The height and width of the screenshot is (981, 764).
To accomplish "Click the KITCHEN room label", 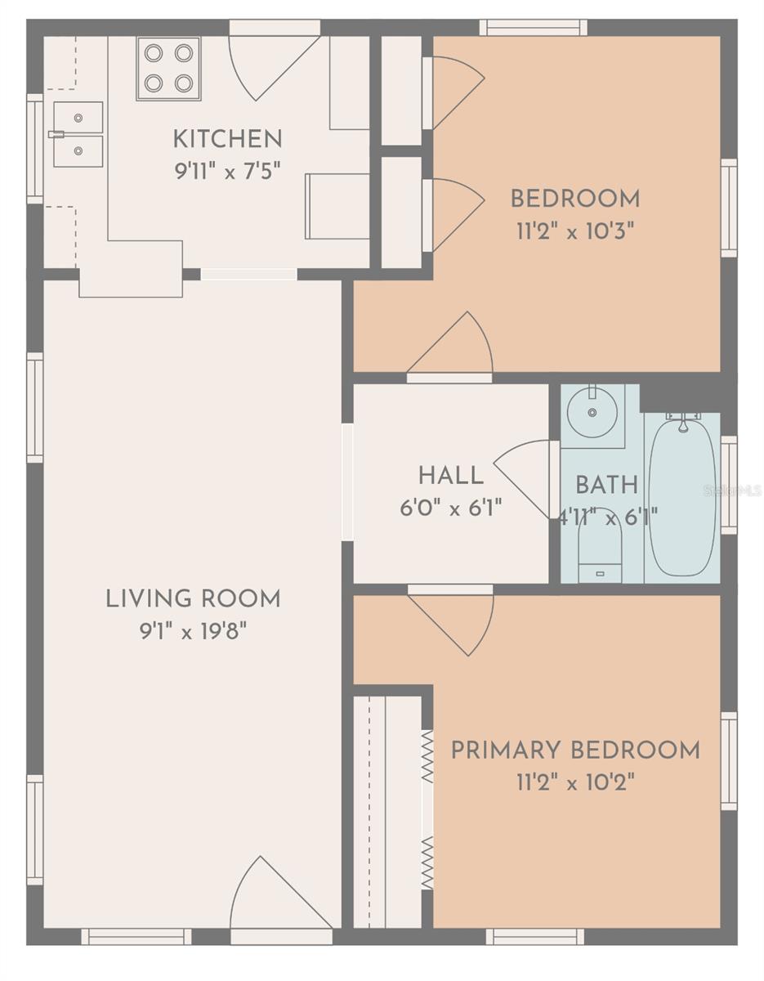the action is (x=227, y=139).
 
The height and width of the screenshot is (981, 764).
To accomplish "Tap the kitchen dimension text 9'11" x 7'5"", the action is (x=227, y=172).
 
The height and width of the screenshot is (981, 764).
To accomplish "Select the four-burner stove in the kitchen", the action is (x=169, y=68).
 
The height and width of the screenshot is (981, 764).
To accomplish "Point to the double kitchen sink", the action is (x=78, y=134).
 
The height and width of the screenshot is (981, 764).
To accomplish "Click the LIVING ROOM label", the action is (x=193, y=599).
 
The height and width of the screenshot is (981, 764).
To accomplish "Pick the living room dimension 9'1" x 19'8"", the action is (x=193, y=632).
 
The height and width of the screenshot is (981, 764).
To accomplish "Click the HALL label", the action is (x=451, y=477).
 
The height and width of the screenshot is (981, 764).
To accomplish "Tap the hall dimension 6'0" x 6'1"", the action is (x=451, y=508).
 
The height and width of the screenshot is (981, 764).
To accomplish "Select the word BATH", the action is (x=606, y=486).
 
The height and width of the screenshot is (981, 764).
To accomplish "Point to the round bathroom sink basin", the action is (x=592, y=412).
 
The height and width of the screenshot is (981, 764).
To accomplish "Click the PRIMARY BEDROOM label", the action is (x=575, y=750).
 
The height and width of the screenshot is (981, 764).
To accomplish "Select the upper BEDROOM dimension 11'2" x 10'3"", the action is (x=575, y=232).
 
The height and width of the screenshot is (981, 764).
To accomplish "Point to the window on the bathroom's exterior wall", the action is (x=728, y=486).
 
